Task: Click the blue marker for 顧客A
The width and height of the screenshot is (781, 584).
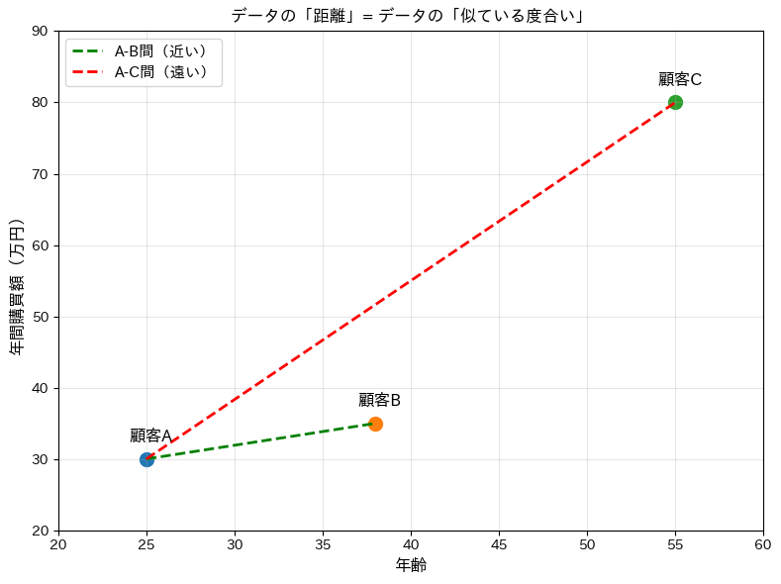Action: tap(146, 459)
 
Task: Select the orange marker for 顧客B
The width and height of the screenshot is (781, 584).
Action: tap(375, 424)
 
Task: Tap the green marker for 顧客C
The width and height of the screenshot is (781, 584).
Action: tap(675, 102)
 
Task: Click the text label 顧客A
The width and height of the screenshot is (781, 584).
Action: tap(151, 436)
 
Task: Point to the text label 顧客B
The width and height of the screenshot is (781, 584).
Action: tap(379, 400)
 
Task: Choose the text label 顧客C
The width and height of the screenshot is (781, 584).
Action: tap(680, 79)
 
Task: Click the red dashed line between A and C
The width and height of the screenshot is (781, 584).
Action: tap(411, 281)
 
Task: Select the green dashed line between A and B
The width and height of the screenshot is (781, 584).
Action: tap(261, 441)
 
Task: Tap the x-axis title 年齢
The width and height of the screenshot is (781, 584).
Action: tap(411, 565)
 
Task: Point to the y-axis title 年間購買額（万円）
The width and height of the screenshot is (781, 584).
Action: tap(17, 287)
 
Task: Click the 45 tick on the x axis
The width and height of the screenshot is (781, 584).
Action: tap(499, 543)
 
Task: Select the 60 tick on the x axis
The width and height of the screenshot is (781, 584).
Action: tap(762, 543)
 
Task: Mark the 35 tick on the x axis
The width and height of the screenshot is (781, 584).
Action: tap(323, 543)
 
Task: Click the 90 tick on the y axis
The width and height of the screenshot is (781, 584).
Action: tap(40, 31)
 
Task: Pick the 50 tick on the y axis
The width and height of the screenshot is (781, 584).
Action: tap(40, 317)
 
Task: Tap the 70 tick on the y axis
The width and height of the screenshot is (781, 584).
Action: tap(40, 174)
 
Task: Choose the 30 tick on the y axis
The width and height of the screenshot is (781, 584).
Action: tap(40, 459)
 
